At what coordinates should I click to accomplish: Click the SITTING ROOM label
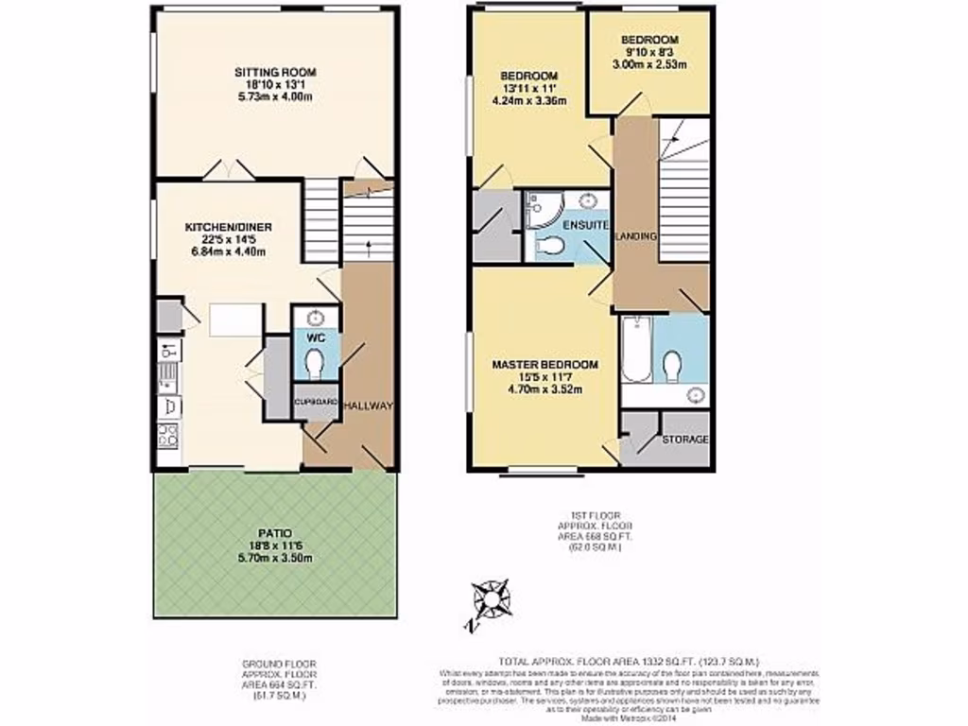click(x=274, y=72)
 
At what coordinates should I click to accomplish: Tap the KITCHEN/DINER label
click(x=228, y=227)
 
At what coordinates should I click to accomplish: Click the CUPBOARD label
click(x=315, y=402)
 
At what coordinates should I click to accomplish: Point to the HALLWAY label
click(x=367, y=406)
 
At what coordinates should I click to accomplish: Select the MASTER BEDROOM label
click(x=544, y=364)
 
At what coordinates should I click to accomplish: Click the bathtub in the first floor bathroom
click(x=636, y=350)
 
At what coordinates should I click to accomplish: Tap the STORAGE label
click(x=684, y=440)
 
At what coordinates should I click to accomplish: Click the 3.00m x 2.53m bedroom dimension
click(x=647, y=65)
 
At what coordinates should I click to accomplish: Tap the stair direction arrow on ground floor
click(x=369, y=249)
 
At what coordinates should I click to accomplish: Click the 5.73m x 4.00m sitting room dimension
click(x=274, y=97)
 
